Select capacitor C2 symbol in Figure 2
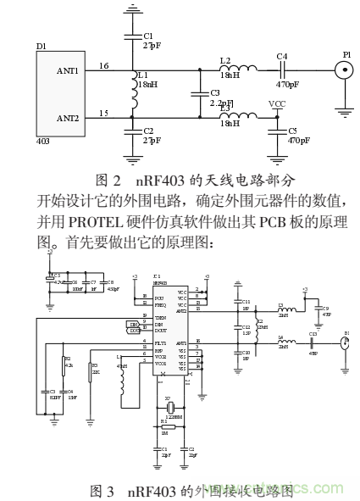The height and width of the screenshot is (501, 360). (x=134, y=131)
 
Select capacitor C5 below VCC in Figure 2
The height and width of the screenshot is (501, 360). (x=276, y=131)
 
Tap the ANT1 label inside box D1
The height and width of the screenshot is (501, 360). (x=67, y=72)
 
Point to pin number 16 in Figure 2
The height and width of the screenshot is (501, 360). (x=103, y=66)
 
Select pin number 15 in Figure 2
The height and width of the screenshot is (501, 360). (x=103, y=113)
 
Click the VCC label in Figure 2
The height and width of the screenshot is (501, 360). (x=276, y=103)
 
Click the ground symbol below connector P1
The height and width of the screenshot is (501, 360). (x=346, y=108)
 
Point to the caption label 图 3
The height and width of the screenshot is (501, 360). (x=105, y=490)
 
